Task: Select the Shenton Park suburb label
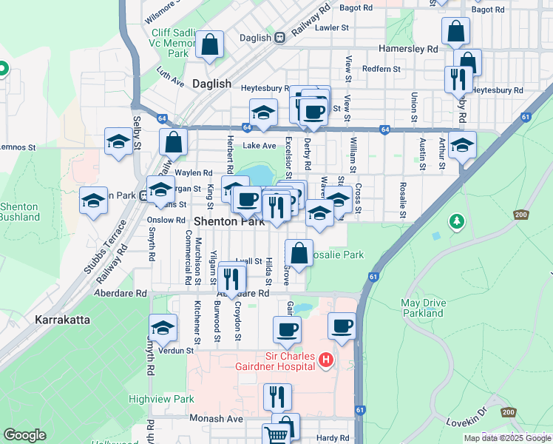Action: pos(229,221)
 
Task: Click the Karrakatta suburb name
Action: pos(62,320)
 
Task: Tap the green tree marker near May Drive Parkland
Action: pos(457,221)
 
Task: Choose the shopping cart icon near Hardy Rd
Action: pos(275,435)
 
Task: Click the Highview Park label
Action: pos(161,399)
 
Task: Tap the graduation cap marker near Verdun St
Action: pos(163,328)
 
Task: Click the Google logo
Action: pos(24,435)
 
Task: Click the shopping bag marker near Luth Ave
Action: pos(210,44)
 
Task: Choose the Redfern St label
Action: pos(381,69)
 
